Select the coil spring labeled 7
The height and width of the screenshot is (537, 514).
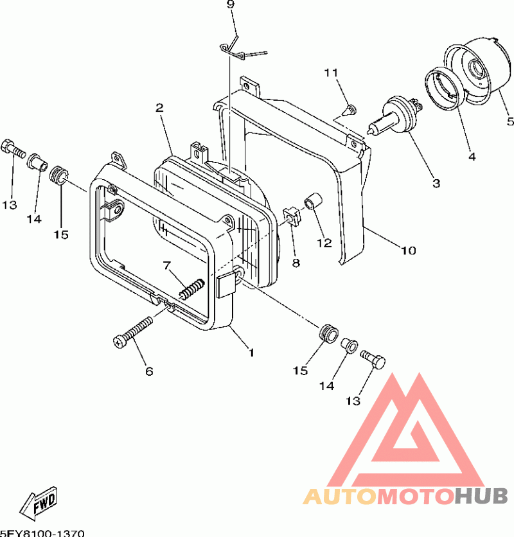pos(192,288)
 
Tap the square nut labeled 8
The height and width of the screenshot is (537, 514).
pos(292,215)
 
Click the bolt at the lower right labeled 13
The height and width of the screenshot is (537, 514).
pos(373,359)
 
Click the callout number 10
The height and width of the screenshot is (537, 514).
pos(408,251)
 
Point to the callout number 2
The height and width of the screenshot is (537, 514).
pos(159,108)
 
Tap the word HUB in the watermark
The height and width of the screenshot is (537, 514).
pos(481,497)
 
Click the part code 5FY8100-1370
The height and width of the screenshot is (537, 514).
pos(42,533)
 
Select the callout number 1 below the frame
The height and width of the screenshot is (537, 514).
pos(251,353)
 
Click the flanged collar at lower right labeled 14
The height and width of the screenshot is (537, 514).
pos(350,345)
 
